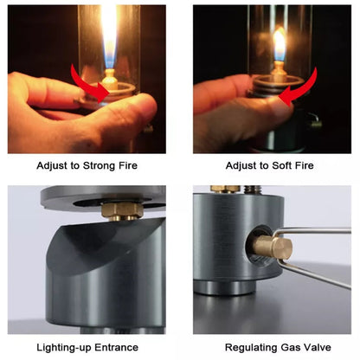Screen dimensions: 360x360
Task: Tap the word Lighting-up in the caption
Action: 62,346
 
